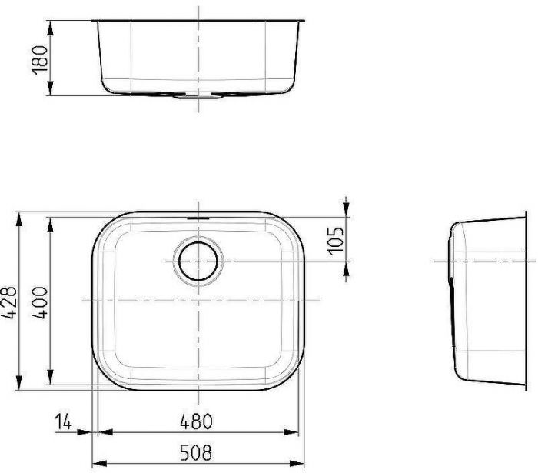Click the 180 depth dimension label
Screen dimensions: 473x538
pos(40,58)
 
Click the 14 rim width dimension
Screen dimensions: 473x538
pos(65,421)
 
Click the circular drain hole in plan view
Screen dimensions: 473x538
pos(199,261)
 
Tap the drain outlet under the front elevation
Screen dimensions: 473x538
pos(198,98)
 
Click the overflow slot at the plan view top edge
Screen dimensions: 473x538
pos(199,218)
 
